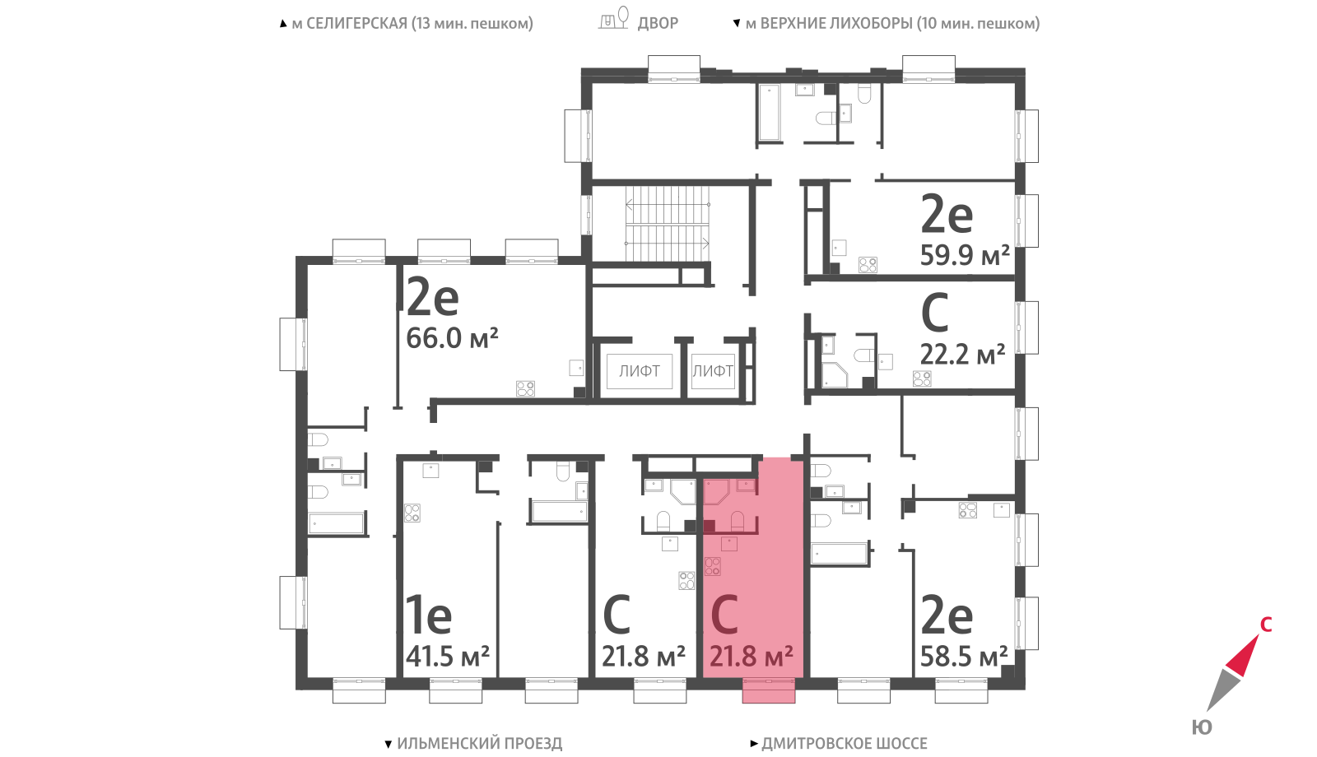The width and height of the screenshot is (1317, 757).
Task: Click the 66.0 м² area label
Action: point(452,338)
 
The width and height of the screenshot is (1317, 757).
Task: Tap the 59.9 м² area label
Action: point(965,255)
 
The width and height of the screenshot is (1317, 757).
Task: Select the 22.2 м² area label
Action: point(962,355)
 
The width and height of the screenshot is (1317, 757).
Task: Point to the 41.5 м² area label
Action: point(448,656)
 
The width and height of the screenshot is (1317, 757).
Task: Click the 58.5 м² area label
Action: point(964,656)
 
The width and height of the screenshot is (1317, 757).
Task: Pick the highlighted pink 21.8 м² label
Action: point(752,656)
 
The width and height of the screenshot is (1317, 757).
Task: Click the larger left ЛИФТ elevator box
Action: point(639,371)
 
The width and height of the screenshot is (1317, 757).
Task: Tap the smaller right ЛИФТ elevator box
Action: point(713,371)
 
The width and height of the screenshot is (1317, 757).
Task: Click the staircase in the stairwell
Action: point(668,224)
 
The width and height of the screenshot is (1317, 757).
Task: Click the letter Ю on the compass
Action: point(1202,727)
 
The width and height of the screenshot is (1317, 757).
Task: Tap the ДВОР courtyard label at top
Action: point(658,23)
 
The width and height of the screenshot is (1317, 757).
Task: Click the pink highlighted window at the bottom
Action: point(769,690)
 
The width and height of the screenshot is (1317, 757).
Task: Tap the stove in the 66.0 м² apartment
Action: point(526,388)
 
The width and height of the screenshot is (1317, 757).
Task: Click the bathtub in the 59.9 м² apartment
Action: point(769,113)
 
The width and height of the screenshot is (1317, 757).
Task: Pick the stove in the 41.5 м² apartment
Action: point(412,513)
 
